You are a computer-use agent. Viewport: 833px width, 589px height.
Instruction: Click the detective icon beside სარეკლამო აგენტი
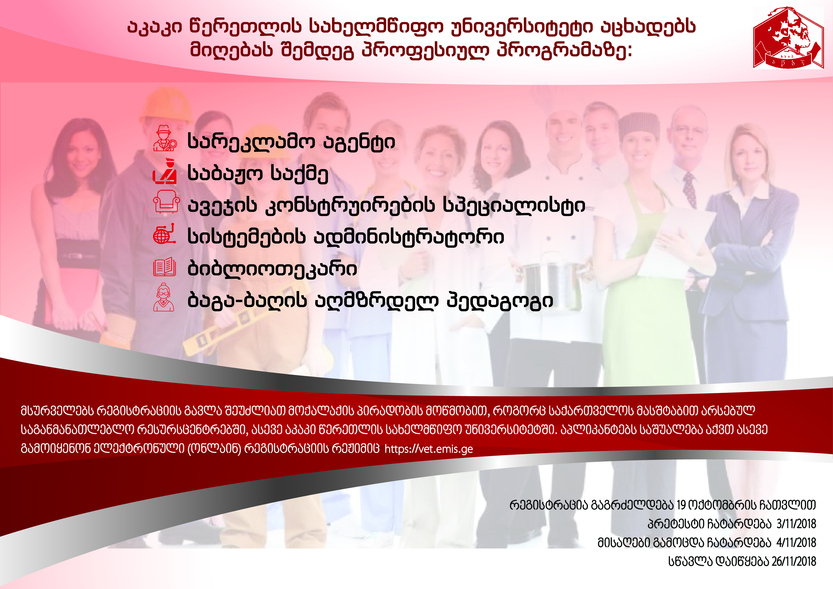point(165,138)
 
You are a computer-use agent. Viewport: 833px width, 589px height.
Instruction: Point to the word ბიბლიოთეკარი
point(272,269)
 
